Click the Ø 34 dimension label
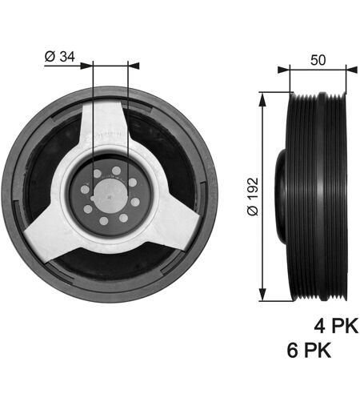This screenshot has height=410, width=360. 60,57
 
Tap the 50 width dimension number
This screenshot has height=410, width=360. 318,60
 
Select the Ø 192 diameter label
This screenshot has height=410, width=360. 253,196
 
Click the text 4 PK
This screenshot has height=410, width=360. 336,326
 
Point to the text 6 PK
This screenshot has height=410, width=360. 309,350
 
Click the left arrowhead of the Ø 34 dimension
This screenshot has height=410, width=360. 86,66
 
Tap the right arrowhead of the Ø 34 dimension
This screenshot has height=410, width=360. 134,66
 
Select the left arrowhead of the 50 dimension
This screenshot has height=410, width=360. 283,70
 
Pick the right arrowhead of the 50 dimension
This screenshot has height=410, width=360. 351,70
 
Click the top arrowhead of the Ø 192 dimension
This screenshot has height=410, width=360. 262,98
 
